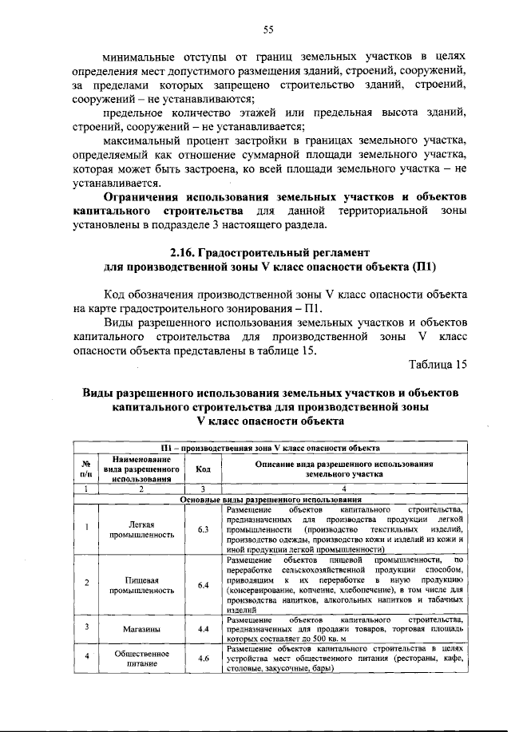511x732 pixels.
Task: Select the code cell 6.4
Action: click(204, 585)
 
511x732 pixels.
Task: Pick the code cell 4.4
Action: click(204, 628)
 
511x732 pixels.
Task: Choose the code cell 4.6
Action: click(204, 659)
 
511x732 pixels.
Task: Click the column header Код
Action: click(204, 470)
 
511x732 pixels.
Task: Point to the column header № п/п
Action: click(85, 470)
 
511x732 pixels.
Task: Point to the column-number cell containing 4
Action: click(344, 489)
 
